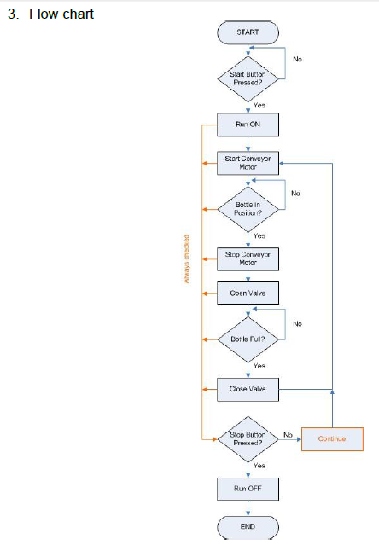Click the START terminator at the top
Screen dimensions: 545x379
click(248, 32)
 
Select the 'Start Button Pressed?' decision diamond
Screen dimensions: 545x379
click(248, 78)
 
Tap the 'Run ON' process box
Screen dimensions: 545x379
click(248, 125)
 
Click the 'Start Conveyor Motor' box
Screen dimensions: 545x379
click(248, 162)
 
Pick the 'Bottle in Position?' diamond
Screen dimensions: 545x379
click(248, 208)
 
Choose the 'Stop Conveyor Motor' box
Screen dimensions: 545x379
click(248, 258)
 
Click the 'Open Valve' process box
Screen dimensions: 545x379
click(248, 293)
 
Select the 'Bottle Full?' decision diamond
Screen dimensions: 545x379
click(248, 339)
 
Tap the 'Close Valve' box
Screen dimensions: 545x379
click(248, 389)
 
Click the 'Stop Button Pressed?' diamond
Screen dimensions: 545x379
click(248, 438)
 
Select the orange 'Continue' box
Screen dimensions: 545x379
click(332, 438)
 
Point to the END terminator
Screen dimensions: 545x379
click(248, 526)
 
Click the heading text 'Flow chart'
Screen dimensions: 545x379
click(61, 14)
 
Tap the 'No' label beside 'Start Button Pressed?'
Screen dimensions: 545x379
click(297, 60)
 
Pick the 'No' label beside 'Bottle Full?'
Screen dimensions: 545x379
click(297, 323)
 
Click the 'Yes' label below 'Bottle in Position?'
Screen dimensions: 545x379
click(259, 235)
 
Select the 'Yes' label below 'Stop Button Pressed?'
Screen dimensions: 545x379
click(259, 466)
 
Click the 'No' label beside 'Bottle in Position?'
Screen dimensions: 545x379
click(295, 194)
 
